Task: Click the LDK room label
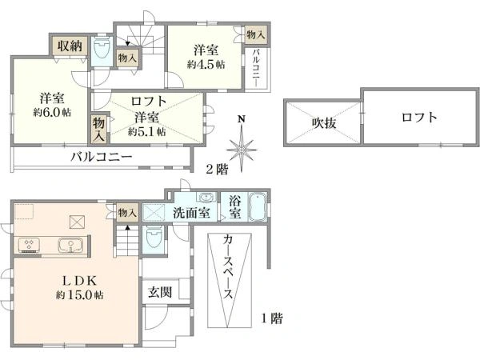(79, 280)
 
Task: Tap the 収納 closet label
(70, 46)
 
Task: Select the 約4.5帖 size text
(206, 65)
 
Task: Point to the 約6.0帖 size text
(52, 112)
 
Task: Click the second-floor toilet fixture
(102, 48)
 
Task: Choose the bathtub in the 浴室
(258, 206)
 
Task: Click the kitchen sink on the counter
(70, 245)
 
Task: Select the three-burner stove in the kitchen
(29, 245)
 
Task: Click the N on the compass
(242, 119)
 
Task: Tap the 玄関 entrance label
(160, 292)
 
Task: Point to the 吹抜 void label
(324, 122)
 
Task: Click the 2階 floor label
(217, 169)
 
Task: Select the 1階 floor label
(271, 318)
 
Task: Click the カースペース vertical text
(228, 267)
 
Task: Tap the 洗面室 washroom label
(191, 213)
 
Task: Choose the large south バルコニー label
(102, 158)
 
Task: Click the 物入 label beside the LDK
(127, 212)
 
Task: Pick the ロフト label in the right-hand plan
(419, 118)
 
